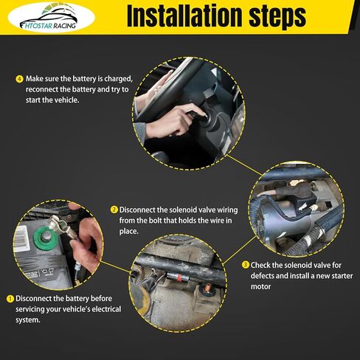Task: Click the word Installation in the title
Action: tap(185, 15)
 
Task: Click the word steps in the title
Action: tap(277, 17)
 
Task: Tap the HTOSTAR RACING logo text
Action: tap(48, 25)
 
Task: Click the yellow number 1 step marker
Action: tap(10, 299)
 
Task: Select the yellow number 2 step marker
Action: tap(114, 210)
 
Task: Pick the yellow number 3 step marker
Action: tap(246, 265)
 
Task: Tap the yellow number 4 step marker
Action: tap(19, 79)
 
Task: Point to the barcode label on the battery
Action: tap(22, 238)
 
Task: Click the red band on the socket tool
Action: tap(179, 277)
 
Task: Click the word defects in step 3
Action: tap(263, 276)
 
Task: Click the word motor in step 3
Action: tap(260, 287)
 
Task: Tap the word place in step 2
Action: tap(128, 232)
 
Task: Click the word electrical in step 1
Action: tap(106, 309)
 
